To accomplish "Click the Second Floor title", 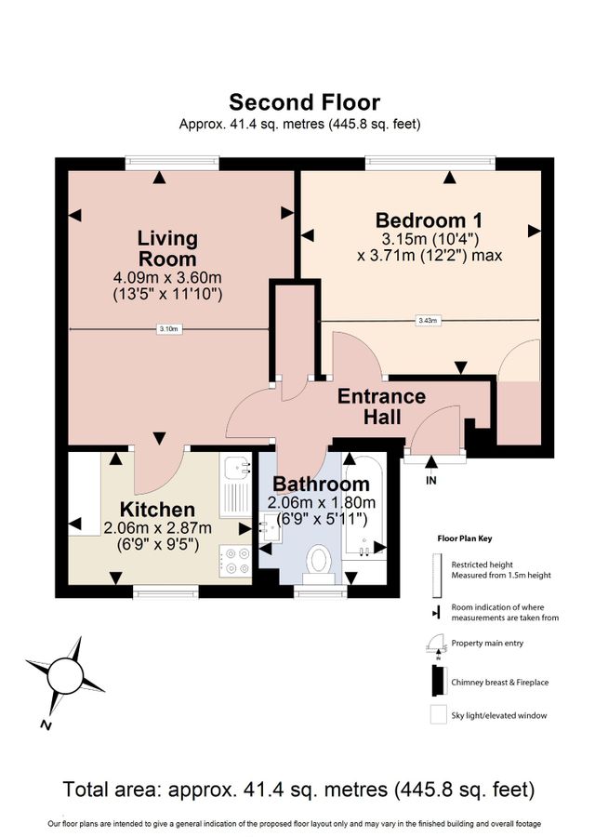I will click(304, 102).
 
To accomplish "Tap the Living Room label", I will click(167, 248).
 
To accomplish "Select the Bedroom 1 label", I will click(429, 220).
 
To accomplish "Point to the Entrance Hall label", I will click(381, 407).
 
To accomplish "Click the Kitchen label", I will click(158, 510).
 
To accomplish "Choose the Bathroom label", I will click(321, 485).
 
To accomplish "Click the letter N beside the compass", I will click(45, 724).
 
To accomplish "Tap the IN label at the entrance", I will click(430, 481).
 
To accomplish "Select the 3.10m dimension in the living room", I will click(169, 328).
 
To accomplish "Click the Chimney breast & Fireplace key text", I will click(499, 682).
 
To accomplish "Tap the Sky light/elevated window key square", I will click(437, 716).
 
